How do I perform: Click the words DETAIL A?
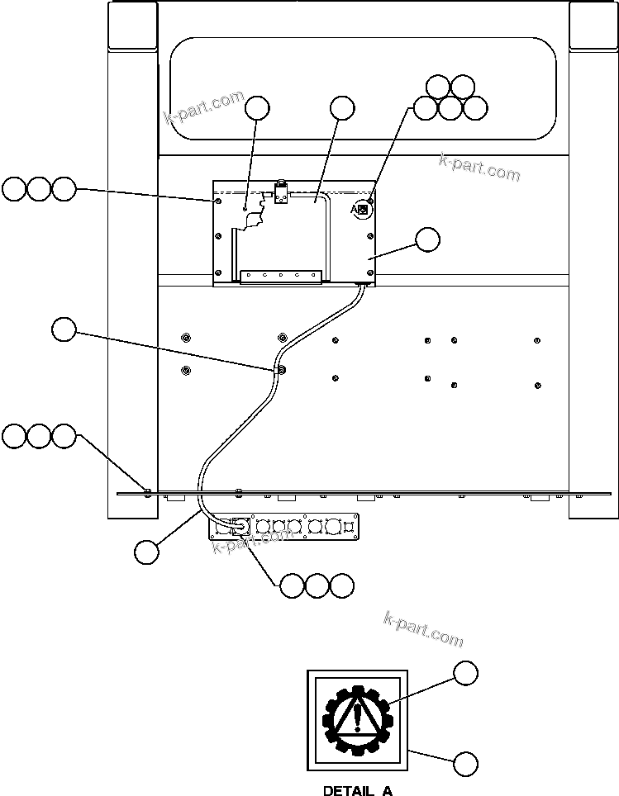tap(357, 790)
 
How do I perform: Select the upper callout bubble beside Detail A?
tap(466, 673)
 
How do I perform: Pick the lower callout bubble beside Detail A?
tap(465, 764)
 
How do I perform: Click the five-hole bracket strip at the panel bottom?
tap(281, 275)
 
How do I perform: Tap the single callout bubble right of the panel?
tap(427, 239)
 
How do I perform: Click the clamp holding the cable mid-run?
tap(282, 369)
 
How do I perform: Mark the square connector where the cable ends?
tap(242, 524)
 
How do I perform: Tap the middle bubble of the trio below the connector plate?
tap(317, 585)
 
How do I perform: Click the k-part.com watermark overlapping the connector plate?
tap(252, 541)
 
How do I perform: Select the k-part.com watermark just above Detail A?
tap(423, 628)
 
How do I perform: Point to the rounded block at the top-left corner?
tap(131, 26)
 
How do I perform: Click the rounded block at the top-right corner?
tap(593, 26)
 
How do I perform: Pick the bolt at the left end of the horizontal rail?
tap(147, 491)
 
